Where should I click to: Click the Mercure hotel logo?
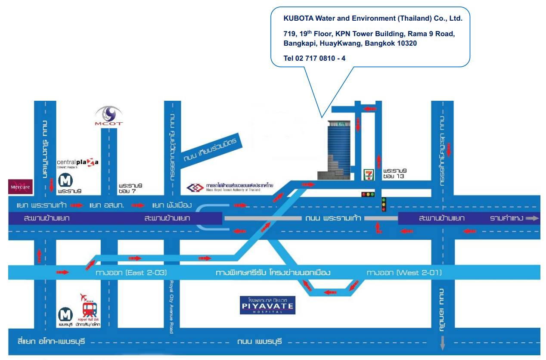point(21,186)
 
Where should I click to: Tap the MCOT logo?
point(109,116)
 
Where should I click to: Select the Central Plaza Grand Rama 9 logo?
point(78,163)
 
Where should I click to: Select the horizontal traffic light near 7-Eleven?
point(368,195)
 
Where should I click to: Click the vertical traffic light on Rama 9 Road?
point(384,204)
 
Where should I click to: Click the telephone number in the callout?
point(314,58)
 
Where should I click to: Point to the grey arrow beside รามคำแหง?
point(532,218)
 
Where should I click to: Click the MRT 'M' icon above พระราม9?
point(65,179)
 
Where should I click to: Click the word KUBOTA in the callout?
point(298,19)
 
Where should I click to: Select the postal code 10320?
point(405,43)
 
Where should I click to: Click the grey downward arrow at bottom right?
point(442,344)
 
